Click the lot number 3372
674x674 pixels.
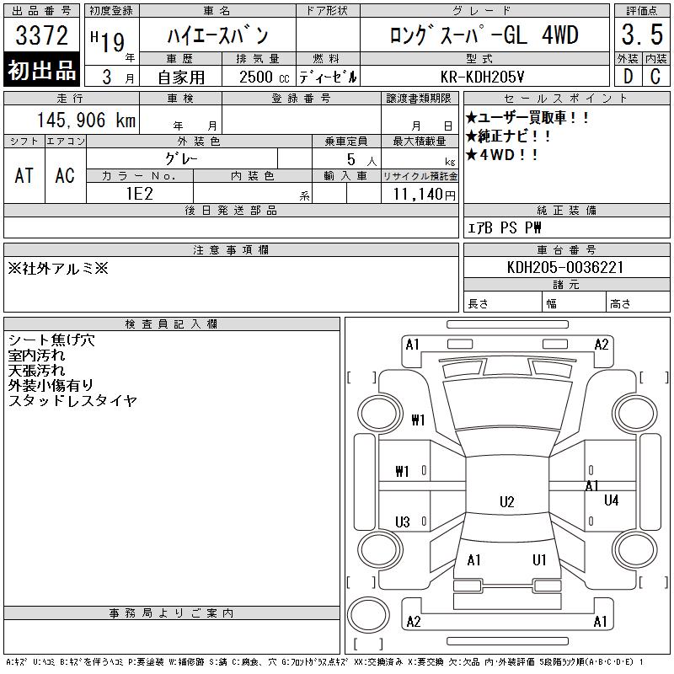click(41, 35)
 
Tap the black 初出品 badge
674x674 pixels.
click(41, 70)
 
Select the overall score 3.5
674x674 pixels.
click(642, 35)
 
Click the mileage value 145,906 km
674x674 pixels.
click(86, 120)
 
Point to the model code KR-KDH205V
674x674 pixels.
click(482, 77)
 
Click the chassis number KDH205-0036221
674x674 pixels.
click(565, 267)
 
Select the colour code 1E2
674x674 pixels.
click(140, 194)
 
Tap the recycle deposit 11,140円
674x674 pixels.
click(425, 195)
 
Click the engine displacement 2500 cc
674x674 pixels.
click(264, 78)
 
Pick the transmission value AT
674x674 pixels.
click(24, 175)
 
